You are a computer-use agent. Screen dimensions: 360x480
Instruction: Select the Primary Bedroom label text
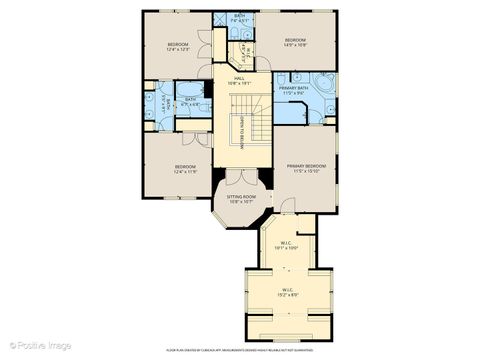click(x=305, y=165)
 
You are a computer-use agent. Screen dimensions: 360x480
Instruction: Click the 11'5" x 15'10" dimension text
click(x=305, y=171)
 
